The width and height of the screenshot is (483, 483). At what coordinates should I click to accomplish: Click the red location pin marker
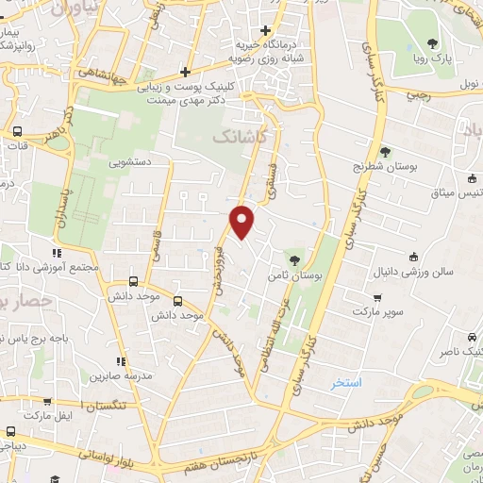pyautogui.click(x=242, y=222)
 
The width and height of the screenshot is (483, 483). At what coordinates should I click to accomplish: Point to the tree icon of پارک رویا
pyautogui.click(x=432, y=43)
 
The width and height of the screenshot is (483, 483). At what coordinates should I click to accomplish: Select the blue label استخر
pyautogui.click(x=346, y=384)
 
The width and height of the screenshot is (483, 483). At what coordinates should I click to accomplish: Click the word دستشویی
pyautogui.click(x=129, y=161)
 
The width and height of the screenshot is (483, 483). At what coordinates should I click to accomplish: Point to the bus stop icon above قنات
pyautogui.click(x=17, y=132)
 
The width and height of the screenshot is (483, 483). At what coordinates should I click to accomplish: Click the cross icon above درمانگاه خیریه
pyautogui.click(x=267, y=29)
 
